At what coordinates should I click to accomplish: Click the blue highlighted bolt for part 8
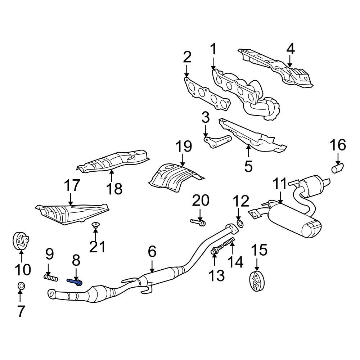point(75,281)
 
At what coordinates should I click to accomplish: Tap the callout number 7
point(21,311)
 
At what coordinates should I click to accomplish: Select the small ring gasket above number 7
point(21,286)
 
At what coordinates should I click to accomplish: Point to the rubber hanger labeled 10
point(21,241)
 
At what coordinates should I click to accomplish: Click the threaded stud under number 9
point(51,278)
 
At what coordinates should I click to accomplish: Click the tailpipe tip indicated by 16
point(337,168)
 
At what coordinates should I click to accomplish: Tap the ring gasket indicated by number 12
point(240,224)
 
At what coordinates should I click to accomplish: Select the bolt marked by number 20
point(198,222)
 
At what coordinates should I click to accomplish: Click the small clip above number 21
point(95,226)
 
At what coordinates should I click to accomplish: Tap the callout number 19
point(184,147)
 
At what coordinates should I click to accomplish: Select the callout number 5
point(248,166)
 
